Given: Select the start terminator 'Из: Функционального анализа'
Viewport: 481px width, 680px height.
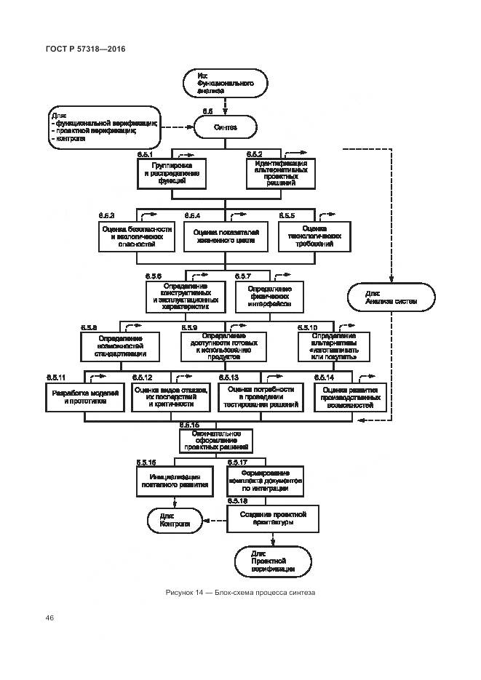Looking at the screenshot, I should pyautogui.click(x=226, y=84).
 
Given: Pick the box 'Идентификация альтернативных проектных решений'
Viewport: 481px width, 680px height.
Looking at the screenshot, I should pyautogui.click(x=276, y=174).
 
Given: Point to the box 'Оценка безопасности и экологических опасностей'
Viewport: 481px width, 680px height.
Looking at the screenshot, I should pyautogui.click(x=137, y=236).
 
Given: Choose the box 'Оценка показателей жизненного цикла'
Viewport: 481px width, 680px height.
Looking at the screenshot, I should pyautogui.click(x=225, y=237).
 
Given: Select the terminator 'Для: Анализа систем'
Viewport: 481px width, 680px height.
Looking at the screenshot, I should pyautogui.click(x=391, y=297).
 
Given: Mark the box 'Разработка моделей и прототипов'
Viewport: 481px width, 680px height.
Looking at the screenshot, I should pyautogui.click(x=86, y=396).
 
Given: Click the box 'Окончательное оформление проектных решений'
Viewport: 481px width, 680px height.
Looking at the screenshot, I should pyautogui.click(x=216, y=440).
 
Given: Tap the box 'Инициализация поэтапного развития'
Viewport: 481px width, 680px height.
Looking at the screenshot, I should pyautogui.click(x=174, y=480).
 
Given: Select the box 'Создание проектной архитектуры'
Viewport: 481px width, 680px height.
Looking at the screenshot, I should pyautogui.click(x=273, y=519).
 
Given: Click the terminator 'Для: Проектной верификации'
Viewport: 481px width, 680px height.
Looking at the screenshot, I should pyautogui.click(x=273, y=562).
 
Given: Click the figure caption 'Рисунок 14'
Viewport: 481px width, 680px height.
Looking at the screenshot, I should pyautogui.click(x=240, y=593).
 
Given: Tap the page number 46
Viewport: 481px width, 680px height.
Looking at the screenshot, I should pyautogui.click(x=50, y=617).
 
